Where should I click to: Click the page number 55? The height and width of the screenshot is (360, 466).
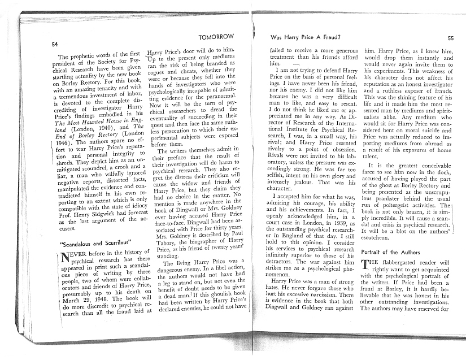[450, 38]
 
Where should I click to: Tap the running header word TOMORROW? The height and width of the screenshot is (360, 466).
[216, 37]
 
